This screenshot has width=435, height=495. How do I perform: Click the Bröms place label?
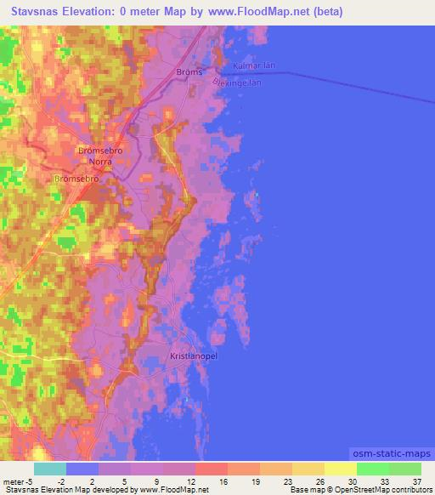[189, 72]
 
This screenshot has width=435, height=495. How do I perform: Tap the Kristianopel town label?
[194, 356]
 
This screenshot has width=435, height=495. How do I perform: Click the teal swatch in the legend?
[49, 469]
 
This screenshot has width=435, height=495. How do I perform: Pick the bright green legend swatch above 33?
[372, 469]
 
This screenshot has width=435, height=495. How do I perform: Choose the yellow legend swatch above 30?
[340, 469]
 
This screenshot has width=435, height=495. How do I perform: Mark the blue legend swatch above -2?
[82, 469]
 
